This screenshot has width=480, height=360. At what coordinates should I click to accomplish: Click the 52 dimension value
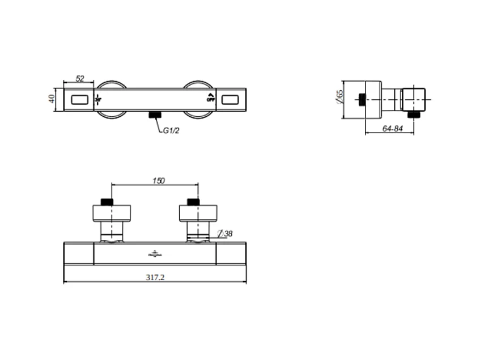tap(80, 79)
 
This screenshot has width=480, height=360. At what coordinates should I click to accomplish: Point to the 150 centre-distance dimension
tap(159, 181)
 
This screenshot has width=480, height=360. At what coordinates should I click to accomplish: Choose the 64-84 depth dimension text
tap(392, 129)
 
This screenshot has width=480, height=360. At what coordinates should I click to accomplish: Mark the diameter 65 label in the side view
tap(339, 96)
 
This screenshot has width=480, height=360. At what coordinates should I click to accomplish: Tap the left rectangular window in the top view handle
tap(79, 100)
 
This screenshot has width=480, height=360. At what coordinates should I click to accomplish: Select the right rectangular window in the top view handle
tap(232, 100)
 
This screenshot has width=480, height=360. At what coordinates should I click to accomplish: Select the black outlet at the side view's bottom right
tap(418, 115)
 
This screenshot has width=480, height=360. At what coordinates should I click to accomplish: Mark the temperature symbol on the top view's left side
tap(99, 99)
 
